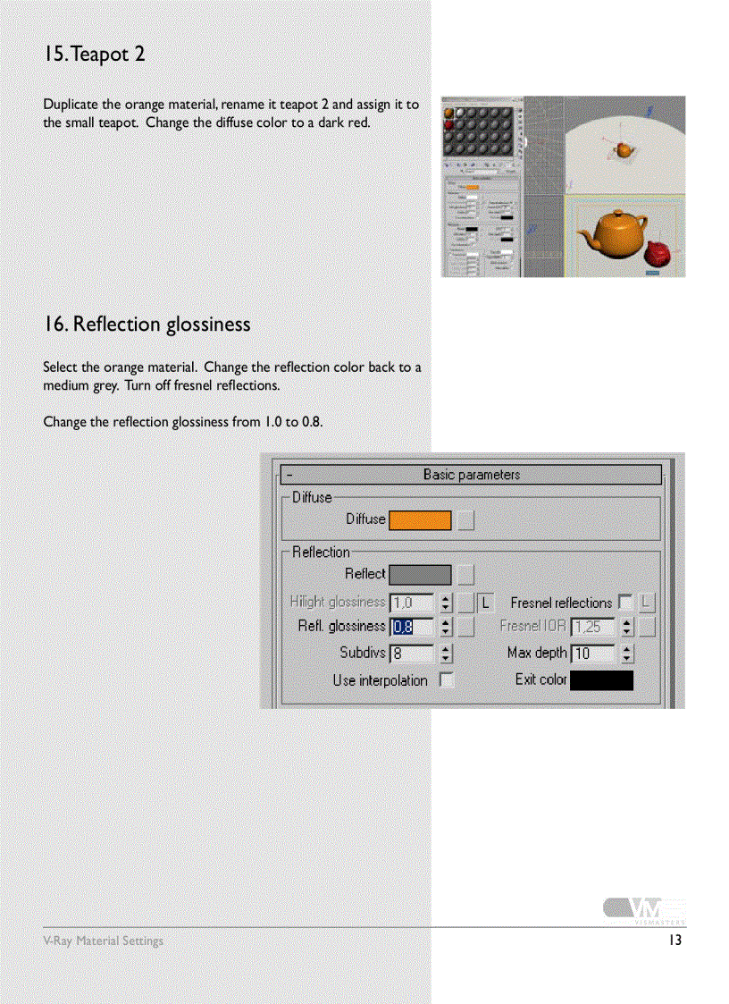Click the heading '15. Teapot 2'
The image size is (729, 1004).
click(94, 55)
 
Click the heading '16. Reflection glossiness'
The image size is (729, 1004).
click(147, 324)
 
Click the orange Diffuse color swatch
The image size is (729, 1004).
click(420, 519)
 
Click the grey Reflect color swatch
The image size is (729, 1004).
click(420, 575)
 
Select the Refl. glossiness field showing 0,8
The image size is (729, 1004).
click(411, 627)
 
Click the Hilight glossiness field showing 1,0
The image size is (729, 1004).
click(411, 603)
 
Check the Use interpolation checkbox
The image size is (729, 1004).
click(446, 680)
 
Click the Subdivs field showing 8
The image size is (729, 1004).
click(411, 654)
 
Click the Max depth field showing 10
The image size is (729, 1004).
click(591, 654)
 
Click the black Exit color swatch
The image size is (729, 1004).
click(601, 680)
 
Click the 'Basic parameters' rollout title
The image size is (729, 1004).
click(471, 475)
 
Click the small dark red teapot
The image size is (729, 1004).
click(658, 254)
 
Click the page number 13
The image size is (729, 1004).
click(675, 941)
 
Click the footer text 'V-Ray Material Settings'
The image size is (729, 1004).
click(104, 941)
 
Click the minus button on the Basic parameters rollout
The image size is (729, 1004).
click(289, 476)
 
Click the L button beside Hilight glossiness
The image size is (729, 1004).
click(486, 603)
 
